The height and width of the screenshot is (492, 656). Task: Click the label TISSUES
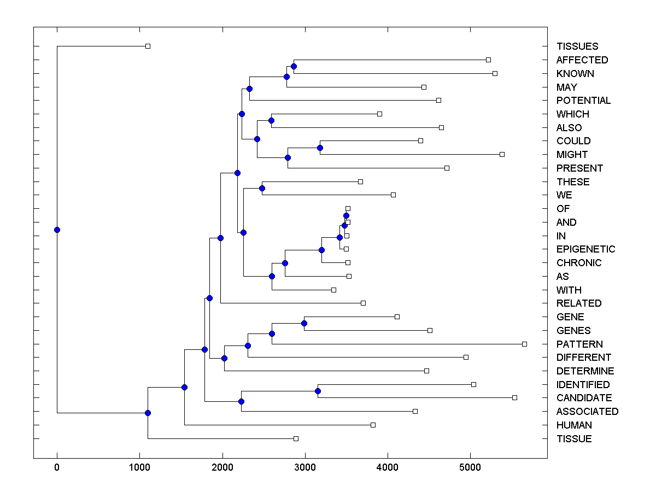(x=577, y=46)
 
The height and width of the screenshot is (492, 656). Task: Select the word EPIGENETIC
(x=585, y=249)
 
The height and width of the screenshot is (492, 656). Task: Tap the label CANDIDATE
(x=584, y=398)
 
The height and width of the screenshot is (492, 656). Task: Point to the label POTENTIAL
(x=583, y=101)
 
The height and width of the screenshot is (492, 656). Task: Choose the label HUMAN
(x=574, y=425)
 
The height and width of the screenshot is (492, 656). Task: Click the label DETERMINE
(x=585, y=371)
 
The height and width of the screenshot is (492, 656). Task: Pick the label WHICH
(x=572, y=114)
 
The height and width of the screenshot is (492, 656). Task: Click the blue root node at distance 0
(x=57, y=230)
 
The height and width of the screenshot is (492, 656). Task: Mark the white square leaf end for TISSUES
(x=148, y=46)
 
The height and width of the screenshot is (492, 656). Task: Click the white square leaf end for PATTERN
(x=524, y=344)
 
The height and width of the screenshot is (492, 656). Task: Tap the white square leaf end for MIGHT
(x=502, y=154)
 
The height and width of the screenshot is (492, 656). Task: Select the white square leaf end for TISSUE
(x=296, y=438)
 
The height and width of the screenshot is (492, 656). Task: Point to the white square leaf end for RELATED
(x=363, y=303)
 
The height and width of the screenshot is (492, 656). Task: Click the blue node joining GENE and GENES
(x=304, y=323)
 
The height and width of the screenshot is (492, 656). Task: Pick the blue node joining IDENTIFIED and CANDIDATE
(x=318, y=391)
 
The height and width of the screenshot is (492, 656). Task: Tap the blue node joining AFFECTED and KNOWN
(x=294, y=66)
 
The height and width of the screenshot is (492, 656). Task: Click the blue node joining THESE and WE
(x=262, y=188)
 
